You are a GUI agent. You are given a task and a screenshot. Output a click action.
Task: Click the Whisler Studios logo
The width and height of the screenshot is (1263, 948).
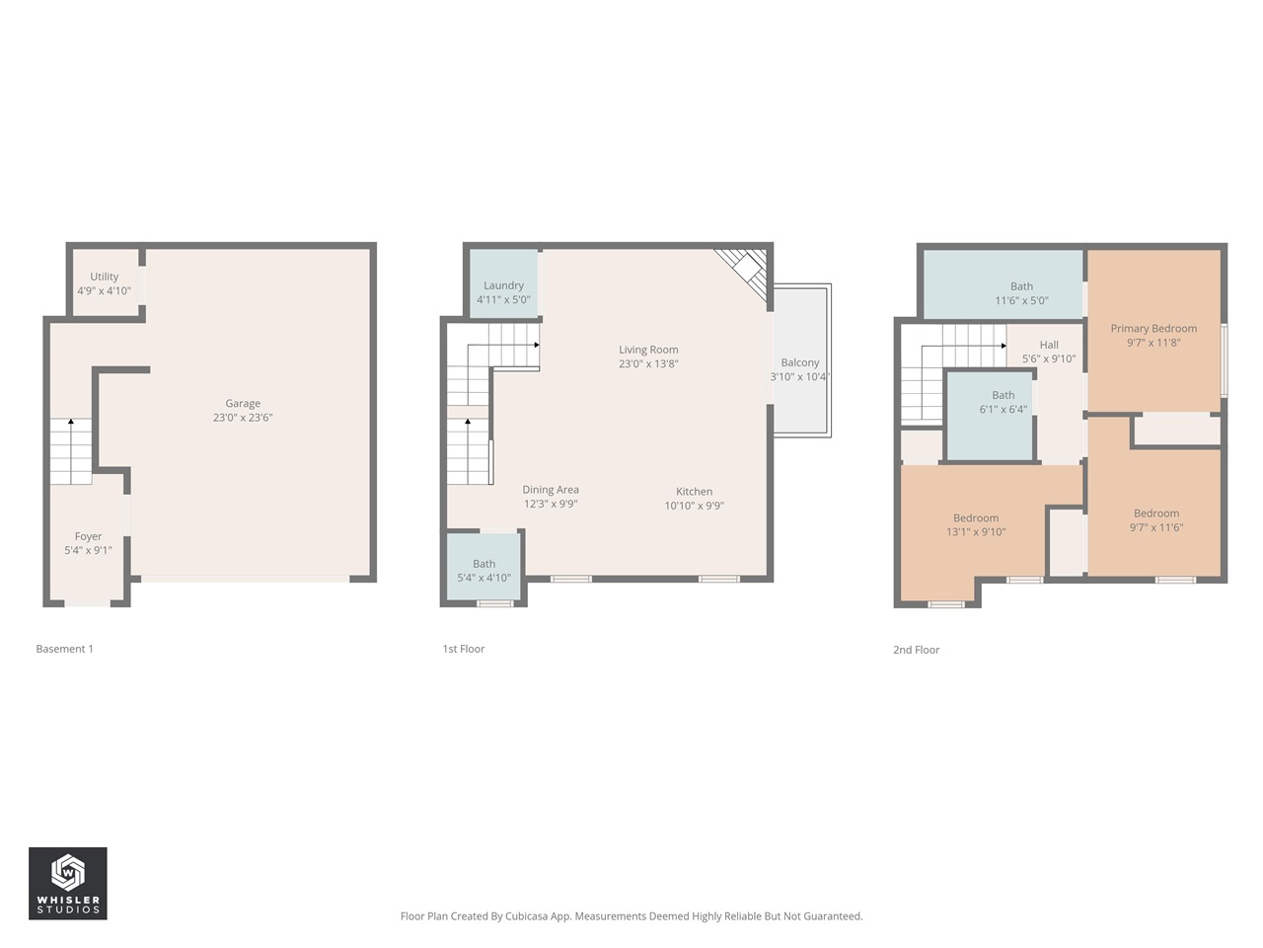pyautogui.click(x=67, y=883)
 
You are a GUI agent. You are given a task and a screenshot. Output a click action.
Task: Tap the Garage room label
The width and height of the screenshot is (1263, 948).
pyautogui.click(x=243, y=404)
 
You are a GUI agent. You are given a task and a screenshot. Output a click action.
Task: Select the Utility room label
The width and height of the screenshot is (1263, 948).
pyautogui.click(x=105, y=277)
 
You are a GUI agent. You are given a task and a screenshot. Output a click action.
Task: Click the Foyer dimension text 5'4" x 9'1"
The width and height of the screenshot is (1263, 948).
pyautogui.click(x=88, y=551)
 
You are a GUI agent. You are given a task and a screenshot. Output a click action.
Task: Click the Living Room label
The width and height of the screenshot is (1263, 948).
pyautogui.click(x=648, y=350)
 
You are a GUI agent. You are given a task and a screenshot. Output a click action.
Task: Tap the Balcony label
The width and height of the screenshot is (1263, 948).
pyautogui.click(x=799, y=362)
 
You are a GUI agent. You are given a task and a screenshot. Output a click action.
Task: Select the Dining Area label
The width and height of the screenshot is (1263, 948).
pyautogui.click(x=551, y=490)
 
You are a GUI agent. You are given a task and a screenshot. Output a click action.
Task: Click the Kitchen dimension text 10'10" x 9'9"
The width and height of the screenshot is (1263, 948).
pyautogui.click(x=694, y=506)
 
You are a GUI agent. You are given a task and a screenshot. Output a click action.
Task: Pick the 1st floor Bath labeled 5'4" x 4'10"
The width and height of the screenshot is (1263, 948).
pyautogui.click(x=483, y=571)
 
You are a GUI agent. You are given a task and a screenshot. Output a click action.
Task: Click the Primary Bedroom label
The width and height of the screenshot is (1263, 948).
pyautogui.click(x=1153, y=329)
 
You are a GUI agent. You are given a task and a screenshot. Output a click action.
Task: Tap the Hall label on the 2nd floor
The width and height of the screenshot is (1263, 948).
pyautogui.click(x=1049, y=346)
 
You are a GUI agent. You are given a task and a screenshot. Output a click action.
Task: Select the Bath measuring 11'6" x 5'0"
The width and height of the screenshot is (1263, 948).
pyautogui.click(x=1021, y=293)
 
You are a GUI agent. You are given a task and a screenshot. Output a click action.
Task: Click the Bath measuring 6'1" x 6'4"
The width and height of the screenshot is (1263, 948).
pyautogui.click(x=1003, y=402)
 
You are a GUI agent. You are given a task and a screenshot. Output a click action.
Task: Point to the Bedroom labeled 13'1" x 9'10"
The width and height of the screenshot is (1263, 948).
pyautogui.click(x=976, y=524)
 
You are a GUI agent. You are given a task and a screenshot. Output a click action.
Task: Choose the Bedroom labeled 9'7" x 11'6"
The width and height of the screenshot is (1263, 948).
pyautogui.click(x=1156, y=520)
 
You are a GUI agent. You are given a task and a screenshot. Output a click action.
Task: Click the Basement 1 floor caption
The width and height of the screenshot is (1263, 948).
pyautogui.click(x=64, y=649)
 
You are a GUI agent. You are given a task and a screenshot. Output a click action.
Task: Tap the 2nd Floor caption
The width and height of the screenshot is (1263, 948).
pyautogui.click(x=916, y=650)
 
